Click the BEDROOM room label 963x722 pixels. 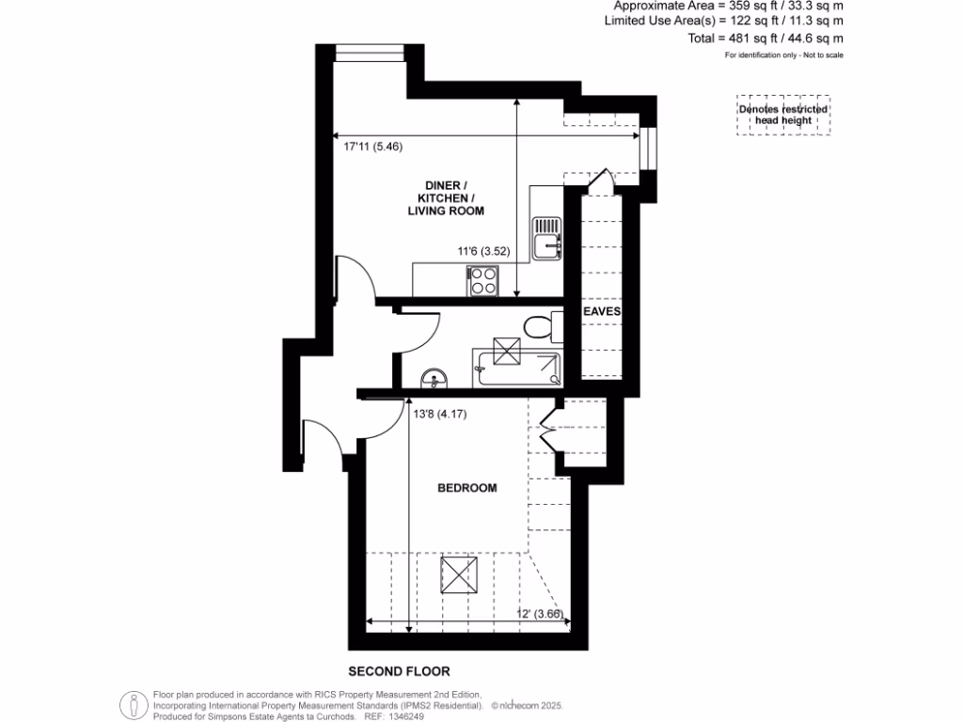466,488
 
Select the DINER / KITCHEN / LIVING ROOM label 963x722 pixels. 446,198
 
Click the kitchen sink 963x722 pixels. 546,238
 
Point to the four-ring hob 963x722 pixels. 483,279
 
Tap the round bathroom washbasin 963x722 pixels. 434,379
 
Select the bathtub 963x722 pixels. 518,367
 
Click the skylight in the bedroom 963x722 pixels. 460,573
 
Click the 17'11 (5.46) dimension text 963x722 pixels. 372,147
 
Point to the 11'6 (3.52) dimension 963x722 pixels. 483,251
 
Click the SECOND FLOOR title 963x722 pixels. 399,671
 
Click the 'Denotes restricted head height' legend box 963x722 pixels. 783,115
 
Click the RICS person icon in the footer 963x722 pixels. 134,704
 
